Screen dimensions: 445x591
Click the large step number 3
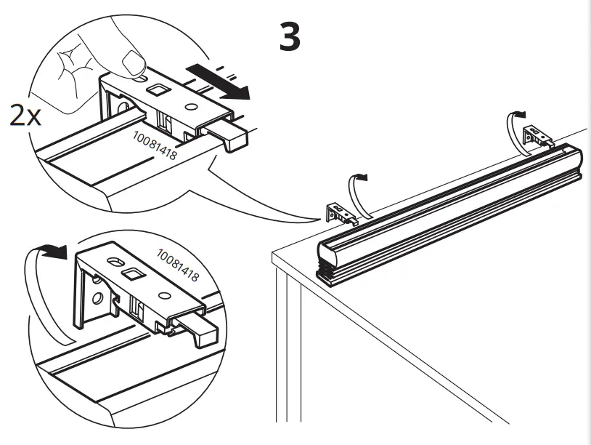tap(290, 36)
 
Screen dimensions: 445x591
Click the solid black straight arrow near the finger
tap(218, 81)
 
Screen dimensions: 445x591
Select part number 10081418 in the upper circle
tap(155, 145)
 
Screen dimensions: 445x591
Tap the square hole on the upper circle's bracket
tap(157, 90)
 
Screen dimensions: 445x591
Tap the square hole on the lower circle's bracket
tap(133, 274)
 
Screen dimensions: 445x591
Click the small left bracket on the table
tap(340, 212)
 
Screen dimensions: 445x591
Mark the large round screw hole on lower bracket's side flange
tap(95, 299)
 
